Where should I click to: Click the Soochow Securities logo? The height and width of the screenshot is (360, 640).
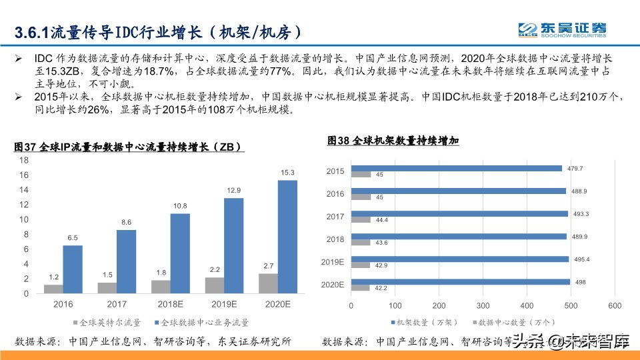coord(563,29)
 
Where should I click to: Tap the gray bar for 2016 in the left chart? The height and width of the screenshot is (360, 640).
coord(53,289)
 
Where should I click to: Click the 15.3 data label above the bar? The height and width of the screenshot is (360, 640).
coord(287,173)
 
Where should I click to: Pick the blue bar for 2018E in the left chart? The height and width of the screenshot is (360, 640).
coord(180,253)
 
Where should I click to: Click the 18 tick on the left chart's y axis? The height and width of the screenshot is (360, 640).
coord(23,161)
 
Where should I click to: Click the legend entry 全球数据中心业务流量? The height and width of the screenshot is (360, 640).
coord(201,323)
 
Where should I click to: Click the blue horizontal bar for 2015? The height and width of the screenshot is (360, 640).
coord(457,169)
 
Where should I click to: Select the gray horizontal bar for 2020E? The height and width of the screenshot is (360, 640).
coord(361,287)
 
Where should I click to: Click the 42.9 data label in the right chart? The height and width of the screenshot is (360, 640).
coord(379,265)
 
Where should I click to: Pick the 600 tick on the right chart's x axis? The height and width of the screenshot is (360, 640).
coord(615,305)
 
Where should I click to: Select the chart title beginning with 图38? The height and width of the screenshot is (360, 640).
coord(393,141)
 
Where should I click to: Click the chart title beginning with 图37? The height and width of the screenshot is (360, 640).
coord(127,147)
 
